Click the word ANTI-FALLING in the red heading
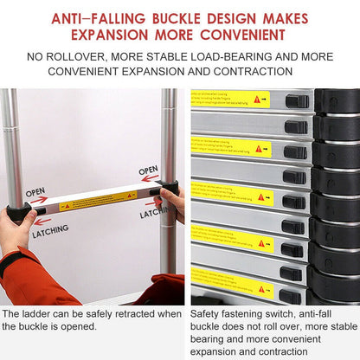(x=97, y=17)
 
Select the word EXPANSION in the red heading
(x=110, y=35)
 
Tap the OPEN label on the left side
(x=35, y=192)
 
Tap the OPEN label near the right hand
(x=149, y=170)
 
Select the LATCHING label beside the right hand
(x=154, y=212)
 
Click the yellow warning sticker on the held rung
(x=97, y=200)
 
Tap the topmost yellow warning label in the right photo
(x=231, y=99)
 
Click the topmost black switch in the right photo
(x=297, y=101)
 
